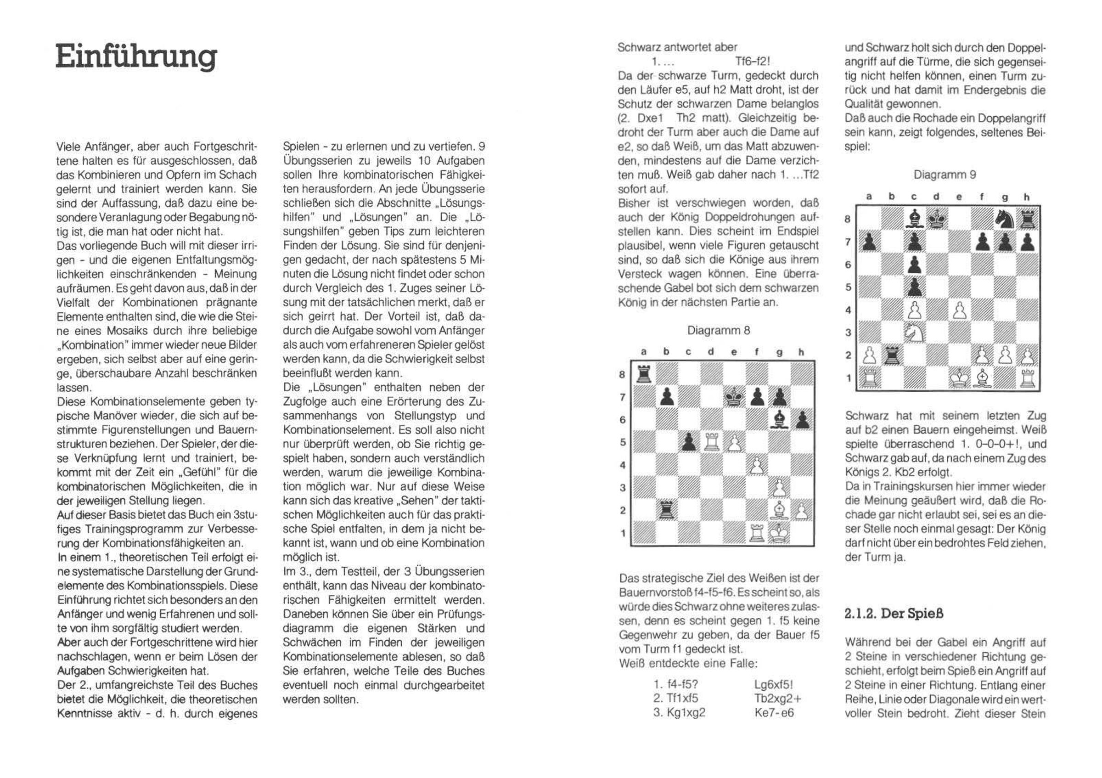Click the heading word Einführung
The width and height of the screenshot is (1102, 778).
(x=136, y=57)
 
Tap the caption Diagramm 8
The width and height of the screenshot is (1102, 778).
(x=718, y=330)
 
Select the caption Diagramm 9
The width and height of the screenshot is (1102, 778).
(x=945, y=175)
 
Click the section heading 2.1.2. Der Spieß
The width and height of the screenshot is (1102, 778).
(x=894, y=614)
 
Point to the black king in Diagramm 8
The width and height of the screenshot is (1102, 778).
(x=733, y=397)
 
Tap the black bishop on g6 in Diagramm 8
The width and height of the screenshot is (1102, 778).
(x=778, y=420)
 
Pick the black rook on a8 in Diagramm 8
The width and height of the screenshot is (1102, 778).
(x=643, y=373)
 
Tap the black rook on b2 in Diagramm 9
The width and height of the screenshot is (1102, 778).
(x=892, y=355)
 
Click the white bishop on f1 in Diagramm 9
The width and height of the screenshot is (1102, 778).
(x=982, y=378)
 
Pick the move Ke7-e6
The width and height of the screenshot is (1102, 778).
(x=774, y=713)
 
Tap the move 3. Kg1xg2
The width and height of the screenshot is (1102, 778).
(x=679, y=713)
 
